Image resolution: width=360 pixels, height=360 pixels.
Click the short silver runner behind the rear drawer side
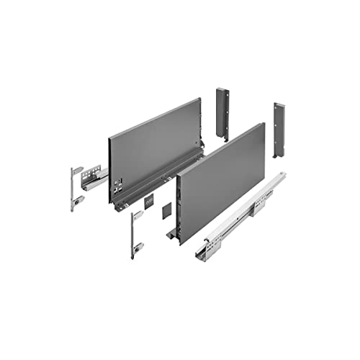click(x=95, y=178)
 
